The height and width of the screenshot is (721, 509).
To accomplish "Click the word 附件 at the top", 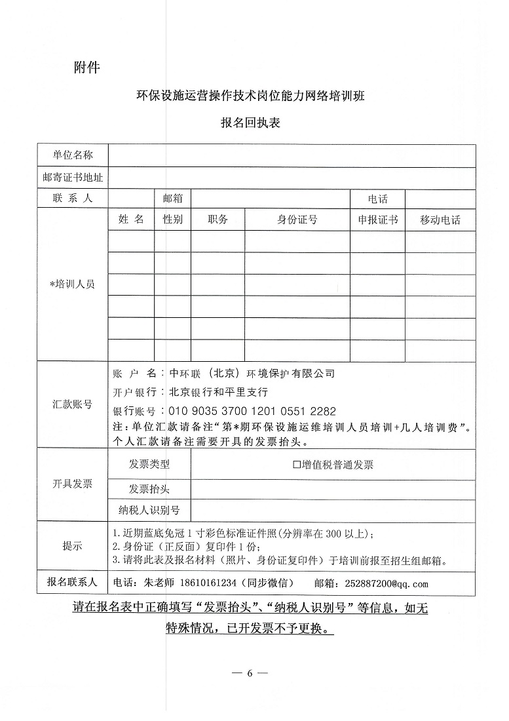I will pyautogui.click(x=87, y=67).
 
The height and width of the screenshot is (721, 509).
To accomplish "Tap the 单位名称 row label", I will pyautogui.click(x=73, y=155).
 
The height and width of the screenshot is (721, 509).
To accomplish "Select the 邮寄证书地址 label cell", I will pyautogui.click(x=73, y=177).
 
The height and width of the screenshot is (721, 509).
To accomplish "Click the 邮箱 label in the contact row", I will pyautogui.click(x=172, y=199).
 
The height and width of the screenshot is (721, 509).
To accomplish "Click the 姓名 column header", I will pyautogui.click(x=131, y=220).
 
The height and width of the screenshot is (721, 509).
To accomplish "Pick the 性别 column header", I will pyautogui.click(x=173, y=220).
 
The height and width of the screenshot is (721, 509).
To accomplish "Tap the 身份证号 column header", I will pyautogui.click(x=297, y=220).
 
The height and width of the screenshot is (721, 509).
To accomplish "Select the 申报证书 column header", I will pyautogui.click(x=377, y=220).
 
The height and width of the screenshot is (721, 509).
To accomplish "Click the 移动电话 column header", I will pyautogui.click(x=440, y=220).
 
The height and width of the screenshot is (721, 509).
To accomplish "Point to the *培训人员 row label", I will pyautogui.click(x=73, y=284).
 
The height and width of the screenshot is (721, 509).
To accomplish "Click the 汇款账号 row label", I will pyautogui.click(x=73, y=404).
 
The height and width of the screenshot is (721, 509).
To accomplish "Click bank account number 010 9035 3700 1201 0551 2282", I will pyautogui.click(x=252, y=412).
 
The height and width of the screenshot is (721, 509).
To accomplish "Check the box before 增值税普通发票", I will pyautogui.click(x=296, y=465).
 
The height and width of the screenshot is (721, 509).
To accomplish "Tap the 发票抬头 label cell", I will pyautogui.click(x=149, y=489).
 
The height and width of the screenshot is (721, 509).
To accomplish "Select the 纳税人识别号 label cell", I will pyautogui.click(x=149, y=510).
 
